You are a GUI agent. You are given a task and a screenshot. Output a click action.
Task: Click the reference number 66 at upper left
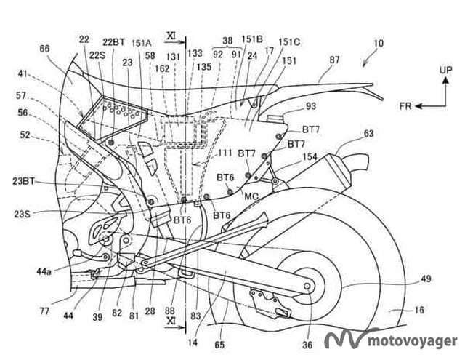tap(45, 48)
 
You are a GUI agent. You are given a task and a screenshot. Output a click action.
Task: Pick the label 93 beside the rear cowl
tap(311, 107)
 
